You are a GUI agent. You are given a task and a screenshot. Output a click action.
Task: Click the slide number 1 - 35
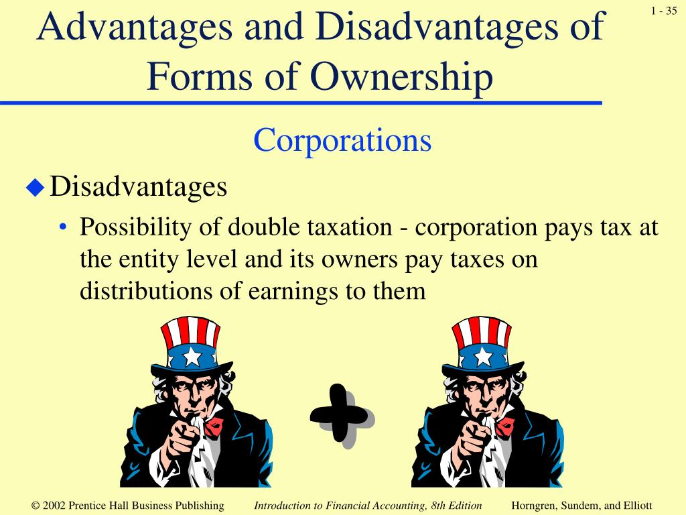click(663, 10)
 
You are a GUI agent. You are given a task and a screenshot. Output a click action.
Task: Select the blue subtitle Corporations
click(342, 141)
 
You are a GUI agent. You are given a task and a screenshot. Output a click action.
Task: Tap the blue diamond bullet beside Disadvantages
click(34, 188)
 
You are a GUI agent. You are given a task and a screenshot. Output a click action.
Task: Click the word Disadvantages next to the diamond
click(139, 186)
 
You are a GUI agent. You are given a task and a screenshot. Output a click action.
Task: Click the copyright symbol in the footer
click(36, 506)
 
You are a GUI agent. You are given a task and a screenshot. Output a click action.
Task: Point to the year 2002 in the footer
click(55, 506)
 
